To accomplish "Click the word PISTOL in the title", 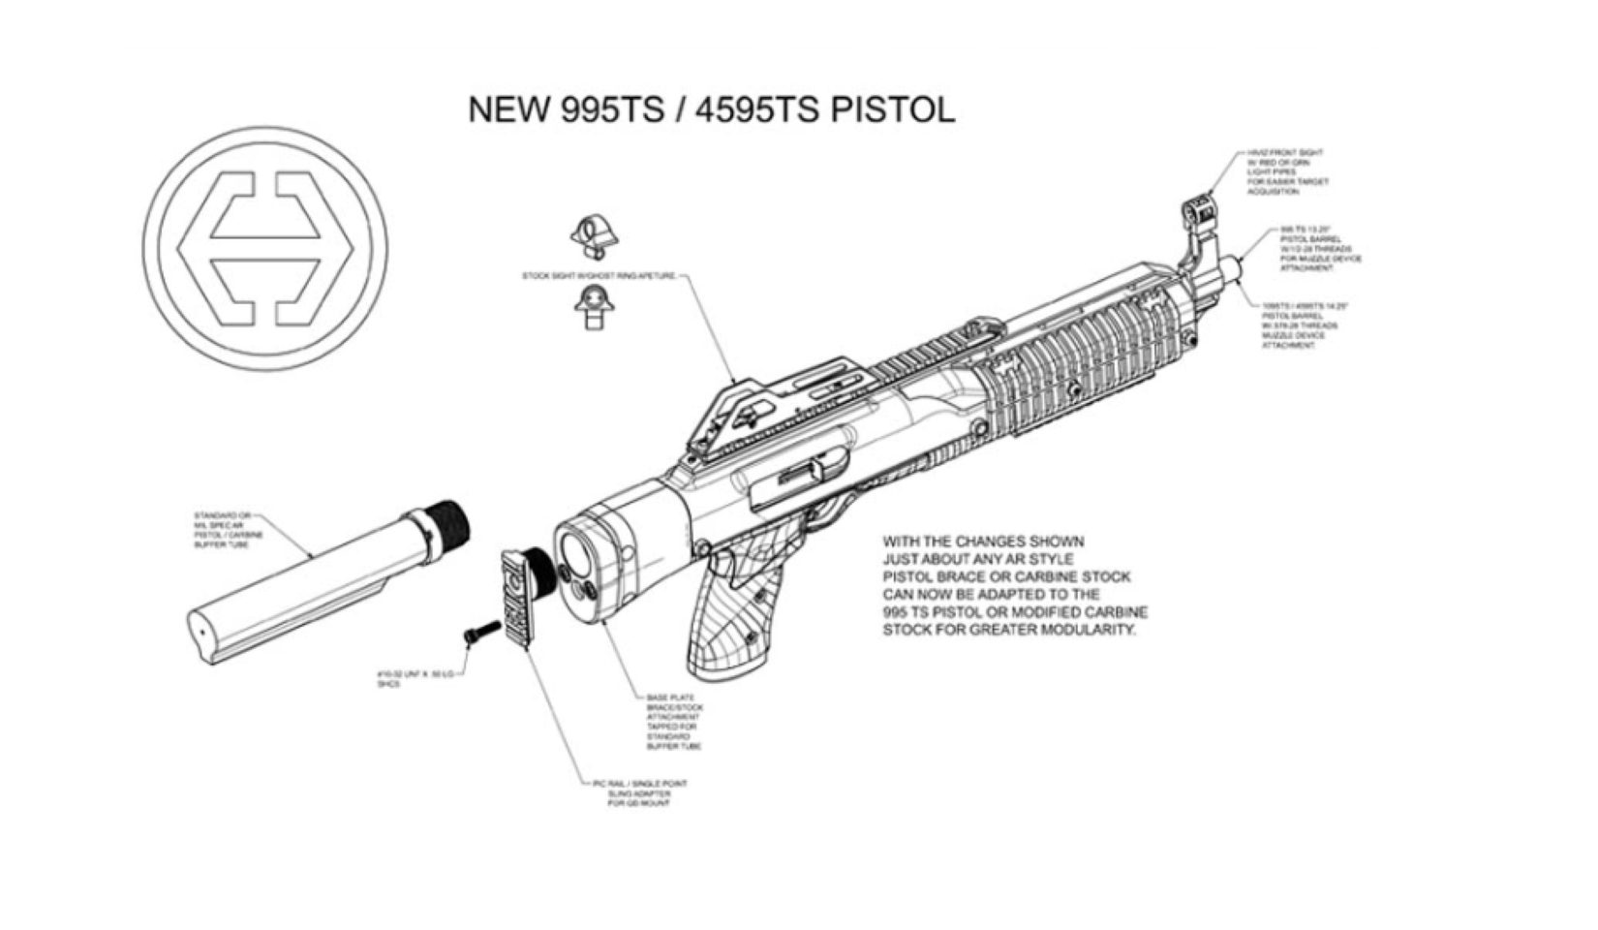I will point(892,109).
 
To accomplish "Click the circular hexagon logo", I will point(265,248).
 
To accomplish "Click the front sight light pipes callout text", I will point(1287,172).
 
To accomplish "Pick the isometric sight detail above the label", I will point(593,235).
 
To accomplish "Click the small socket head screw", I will point(481,634).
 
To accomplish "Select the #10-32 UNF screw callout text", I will point(415,678).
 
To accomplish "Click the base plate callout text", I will point(674,722).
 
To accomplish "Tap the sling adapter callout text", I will point(640,793).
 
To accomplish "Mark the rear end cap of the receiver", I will point(591,572).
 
